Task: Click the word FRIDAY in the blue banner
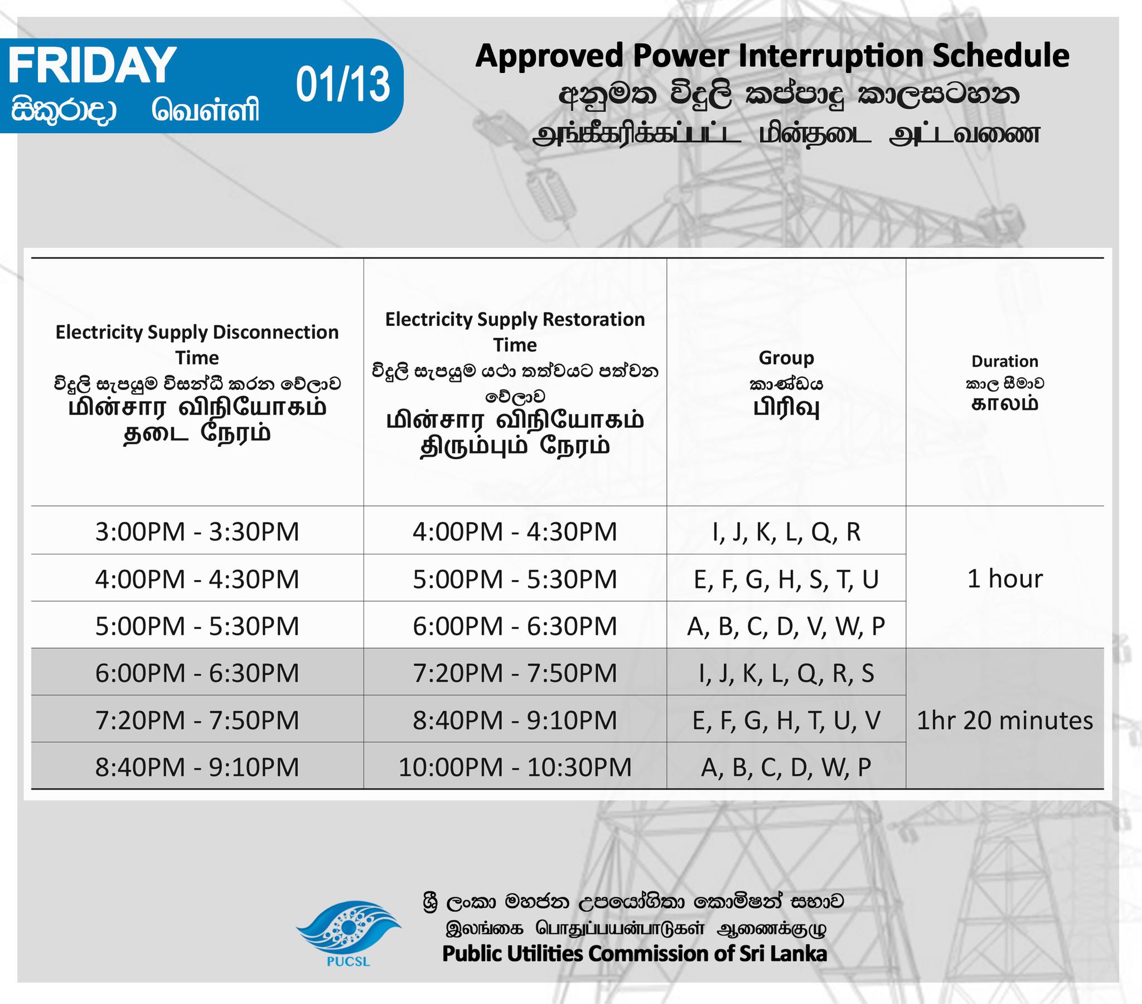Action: (92, 65)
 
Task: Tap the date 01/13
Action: (342, 85)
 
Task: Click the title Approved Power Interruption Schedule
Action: (772, 56)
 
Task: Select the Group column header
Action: (786, 358)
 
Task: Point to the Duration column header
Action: (1005, 361)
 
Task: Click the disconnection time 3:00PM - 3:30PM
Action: (197, 532)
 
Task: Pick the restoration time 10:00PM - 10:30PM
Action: (515, 767)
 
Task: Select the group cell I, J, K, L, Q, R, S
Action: (786, 674)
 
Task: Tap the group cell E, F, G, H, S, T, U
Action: (786, 579)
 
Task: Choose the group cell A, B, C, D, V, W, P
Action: (786, 626)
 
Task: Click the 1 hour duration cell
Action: (1005, 578)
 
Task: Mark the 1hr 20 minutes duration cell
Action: (1005, 720)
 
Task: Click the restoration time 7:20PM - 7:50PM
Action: (515, 674)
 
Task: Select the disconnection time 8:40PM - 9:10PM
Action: (197, 767)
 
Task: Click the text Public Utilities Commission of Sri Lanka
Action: (634, 953)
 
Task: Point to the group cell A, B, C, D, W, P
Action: (786, 768)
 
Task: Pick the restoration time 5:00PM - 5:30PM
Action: (515, 579)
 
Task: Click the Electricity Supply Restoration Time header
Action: (515, 332)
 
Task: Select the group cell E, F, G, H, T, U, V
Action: (786, 721)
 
